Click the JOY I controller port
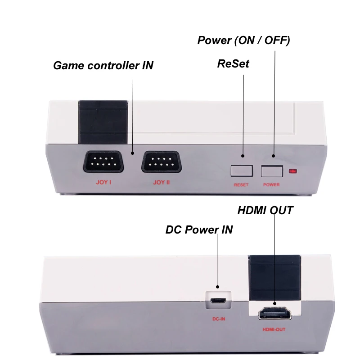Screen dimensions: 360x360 pyautogui.click(x=103, y=162)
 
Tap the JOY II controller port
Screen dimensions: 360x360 pyautogui.click(x=162, y=162)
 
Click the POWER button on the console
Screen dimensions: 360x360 pyautogui.click(x=272, y=171)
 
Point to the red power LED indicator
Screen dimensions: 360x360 pyautogui.click(x=293, y=171)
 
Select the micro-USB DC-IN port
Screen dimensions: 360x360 pyautogui.click(x=218, y=301)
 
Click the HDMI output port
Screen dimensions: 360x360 pyautogui.click(x=275, y=314)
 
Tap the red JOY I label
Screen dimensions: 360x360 pyautogui.click(x=103, y=182)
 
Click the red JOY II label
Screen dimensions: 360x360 pyautogui.click(x=162, y=182)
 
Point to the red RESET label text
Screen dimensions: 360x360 pyautogui.click(x=241, y=185)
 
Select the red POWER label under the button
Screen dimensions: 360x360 pyautogui.click(x=271, y=185)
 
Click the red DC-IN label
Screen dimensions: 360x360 pyautogui.click(x=219, y=319)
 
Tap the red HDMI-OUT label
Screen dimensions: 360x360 pyautogui.click(x=274, y=330)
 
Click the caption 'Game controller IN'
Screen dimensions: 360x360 pyautogui.click(x=103, y=65)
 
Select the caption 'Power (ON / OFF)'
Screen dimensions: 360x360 pyautogui.click(x=243, y=40)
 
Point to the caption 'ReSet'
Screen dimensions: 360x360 pyautogui.click(x=233, y=63)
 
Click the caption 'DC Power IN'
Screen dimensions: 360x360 pyautogui.click(x=199, y=229)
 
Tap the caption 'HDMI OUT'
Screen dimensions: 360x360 pyautogui.click(x=265, y=210)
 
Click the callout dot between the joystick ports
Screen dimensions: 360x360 pyautogui.click(x=132, y=153)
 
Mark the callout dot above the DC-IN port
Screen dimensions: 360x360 pyautogui.click(x=218, y=287)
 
